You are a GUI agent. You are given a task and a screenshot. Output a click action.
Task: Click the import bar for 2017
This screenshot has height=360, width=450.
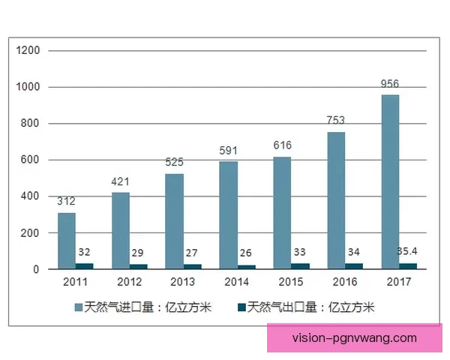click(x=390, y=181)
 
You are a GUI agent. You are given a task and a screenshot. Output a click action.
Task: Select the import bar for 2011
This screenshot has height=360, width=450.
click(x=67, y=241)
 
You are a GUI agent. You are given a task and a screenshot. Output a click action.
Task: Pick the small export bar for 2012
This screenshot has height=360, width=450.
click(x=138, y=266)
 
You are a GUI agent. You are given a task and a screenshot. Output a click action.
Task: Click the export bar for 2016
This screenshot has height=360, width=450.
click(x=353, y=265)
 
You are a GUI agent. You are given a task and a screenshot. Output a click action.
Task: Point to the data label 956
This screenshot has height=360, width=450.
click(x=390, y=85)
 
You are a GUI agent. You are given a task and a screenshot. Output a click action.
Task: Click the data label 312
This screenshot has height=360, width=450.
click(x=67, y=201)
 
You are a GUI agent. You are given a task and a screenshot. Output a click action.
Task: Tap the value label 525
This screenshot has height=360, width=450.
click(x=174, y=162)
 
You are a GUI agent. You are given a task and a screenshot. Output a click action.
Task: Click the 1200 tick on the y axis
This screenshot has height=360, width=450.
click(x=28, y=50)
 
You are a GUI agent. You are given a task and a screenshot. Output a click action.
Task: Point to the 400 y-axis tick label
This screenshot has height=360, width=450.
click(x=31, y=196)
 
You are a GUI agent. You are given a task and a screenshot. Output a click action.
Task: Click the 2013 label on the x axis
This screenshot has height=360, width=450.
click(x=183, y=283)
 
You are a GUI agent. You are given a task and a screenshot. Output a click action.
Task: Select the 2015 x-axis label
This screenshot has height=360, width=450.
click(x=291, y=283)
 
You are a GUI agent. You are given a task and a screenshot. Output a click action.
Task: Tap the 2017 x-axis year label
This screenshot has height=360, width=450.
click(x=398, y=283)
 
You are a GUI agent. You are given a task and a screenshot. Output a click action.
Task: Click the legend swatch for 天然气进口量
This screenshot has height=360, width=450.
click(x=77, y=307)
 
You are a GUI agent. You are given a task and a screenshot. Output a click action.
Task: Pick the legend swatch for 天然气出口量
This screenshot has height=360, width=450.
click(x=241, y=307)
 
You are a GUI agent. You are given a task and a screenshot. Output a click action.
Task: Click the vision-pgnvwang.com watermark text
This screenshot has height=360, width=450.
click(x=354, y=338)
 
